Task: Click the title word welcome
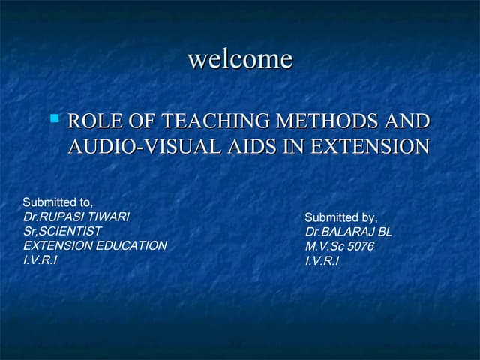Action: (x=240, y=58)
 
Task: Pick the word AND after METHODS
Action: (x=407, y=121)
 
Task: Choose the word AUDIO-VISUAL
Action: (x=146, y=147)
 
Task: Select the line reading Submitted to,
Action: (x=58, y=202)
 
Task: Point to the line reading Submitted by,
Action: (x=340, y=218)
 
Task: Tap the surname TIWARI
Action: (x=109, y=217)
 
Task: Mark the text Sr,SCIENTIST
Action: (x=62, y=231)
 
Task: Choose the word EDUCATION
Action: (x=130, y=245)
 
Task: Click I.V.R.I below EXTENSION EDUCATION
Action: (x=40, y=259)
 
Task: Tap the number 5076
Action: (x=361, y=246)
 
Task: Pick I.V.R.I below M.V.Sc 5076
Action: (x=322, y=260)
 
